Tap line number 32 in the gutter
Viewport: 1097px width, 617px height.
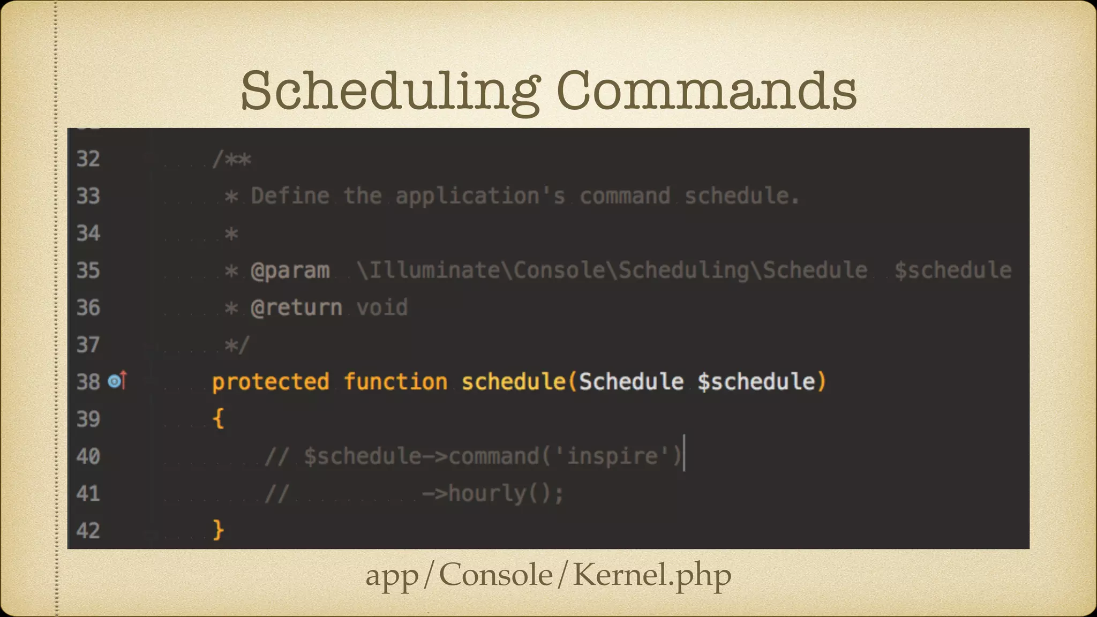pos(88,159)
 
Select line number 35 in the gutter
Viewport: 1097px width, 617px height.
pos(88,270)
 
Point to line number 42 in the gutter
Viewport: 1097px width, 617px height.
pos(88,531)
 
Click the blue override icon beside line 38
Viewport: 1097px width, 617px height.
pos(114,381)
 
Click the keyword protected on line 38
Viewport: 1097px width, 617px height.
pos(271,382)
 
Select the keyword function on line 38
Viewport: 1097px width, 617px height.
pos(395,382)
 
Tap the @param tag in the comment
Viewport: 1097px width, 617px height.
pos(290,270)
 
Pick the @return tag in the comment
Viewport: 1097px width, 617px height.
pos(296,308)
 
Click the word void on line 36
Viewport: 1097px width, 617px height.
pos(382,308)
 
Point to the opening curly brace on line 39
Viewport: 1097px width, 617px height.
pos(218,418)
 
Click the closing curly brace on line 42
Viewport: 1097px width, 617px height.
pos(218,530)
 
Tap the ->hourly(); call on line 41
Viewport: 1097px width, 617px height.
pos(492,493)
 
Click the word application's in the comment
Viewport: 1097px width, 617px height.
pos(480,196)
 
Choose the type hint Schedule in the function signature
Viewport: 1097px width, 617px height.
pos(631,382)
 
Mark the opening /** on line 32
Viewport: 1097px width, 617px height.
pos(231,159)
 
